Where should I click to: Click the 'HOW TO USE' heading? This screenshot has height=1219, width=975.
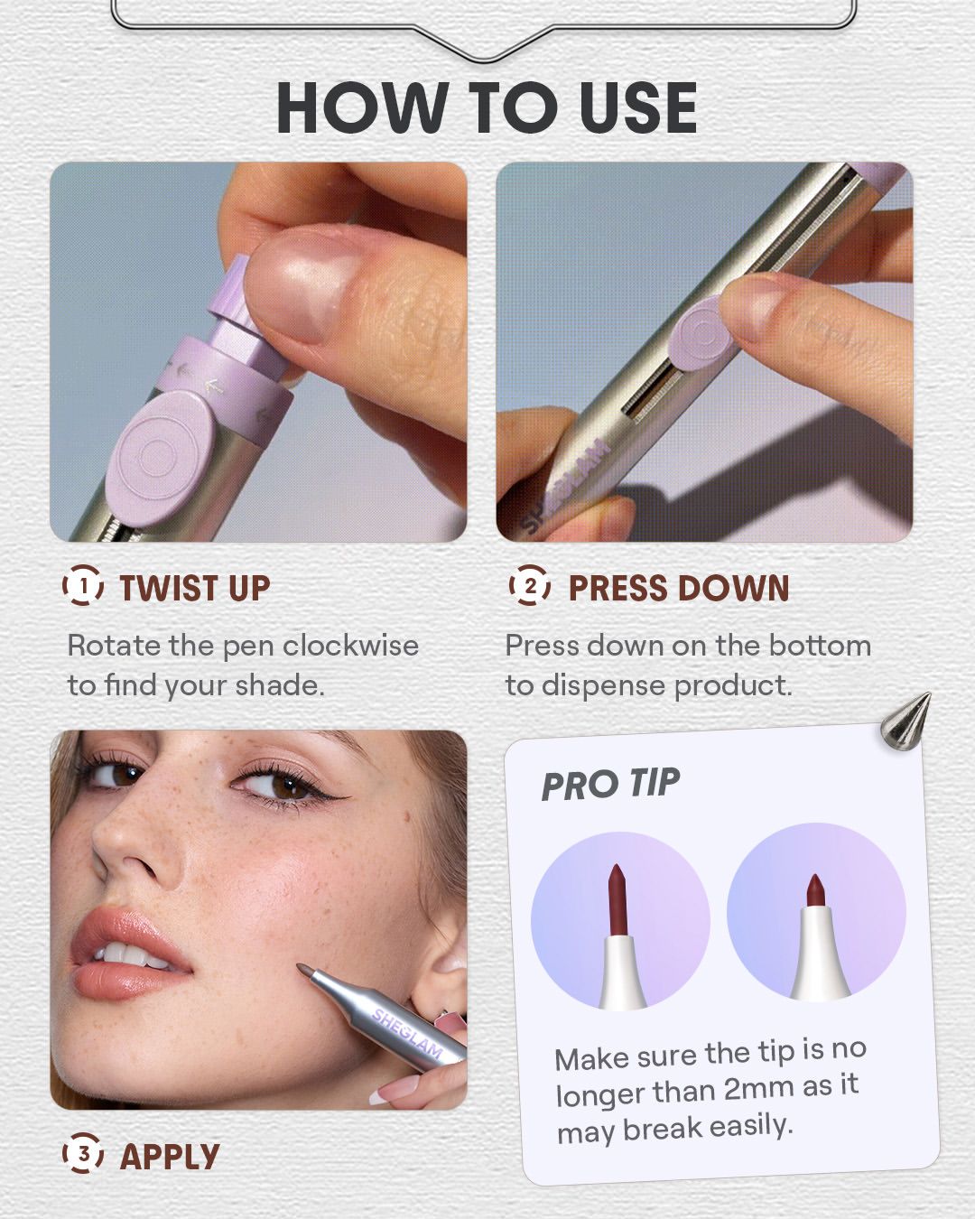pyautogui.click(x=487, y=107)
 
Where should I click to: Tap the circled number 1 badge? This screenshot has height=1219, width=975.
pyautogui.click(x=83, y=585)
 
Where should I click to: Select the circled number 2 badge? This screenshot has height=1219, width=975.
pyautogui.click(x=529, y=585)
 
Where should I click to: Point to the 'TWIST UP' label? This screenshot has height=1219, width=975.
pyautogui.click(x=195, y=588)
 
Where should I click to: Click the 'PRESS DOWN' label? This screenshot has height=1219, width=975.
pyautogui.click(x=679, y=588)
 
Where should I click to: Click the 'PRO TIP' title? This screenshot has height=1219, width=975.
pyautogui.click(x=610, y=784)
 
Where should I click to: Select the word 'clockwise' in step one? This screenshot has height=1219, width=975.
pyautogui.click(x=350, y=646)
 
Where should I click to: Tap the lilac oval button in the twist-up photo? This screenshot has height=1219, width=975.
pyautogui.click(x=163, y=455)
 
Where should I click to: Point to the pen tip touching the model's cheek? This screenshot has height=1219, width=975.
pyautogui.click(x=306, y=971)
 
